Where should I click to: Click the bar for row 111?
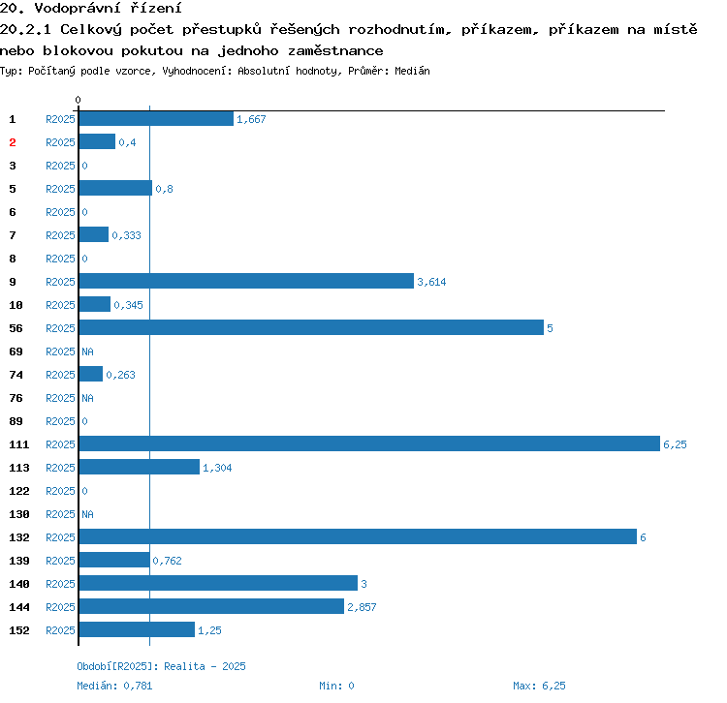pyautogui.click(x=368, y=444)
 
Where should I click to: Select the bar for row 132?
pyautogui.click(x=357, y=537)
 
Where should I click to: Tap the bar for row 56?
pyautogui.click(x=310, y=328)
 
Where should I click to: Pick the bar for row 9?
pyautogui.click(x=246, y=282)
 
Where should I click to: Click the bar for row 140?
pyautogui.click(x=218, y=584)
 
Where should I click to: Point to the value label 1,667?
pyautogui.click(x=251, y=119)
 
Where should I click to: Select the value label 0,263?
pyautogui.click(x=120, y=375)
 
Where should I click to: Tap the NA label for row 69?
pyautogui.click(x=87, y=351)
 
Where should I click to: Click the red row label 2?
pyautogui.click(x=13, y=142)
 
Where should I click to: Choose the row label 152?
pyautogui.click(x=19, y=630)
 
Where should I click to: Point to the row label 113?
pyautogui.click(x=19, y=468)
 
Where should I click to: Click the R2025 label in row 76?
pyautogui.click(x=60, y=398)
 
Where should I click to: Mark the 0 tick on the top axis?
pyautogui.click(x=79, y=100)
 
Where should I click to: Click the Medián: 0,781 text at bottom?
pyautogui.click(x=113, y=686)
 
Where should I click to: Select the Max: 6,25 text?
pyautogui.click(x=539, y=686)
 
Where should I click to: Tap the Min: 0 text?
pyautogui.click(x=336, y=686)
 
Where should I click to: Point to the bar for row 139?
pyautogui.click(x=114, y=561)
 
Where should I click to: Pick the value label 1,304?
pyautogui.click(x=217, y=468)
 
